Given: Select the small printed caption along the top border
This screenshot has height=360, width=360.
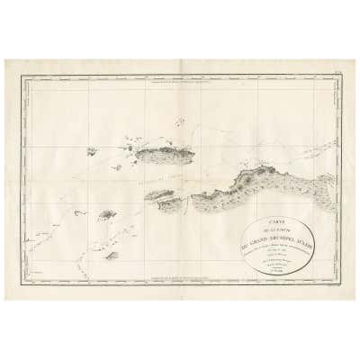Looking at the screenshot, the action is coord(180,83).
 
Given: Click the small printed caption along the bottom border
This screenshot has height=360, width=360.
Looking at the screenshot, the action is coord(180,278).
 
